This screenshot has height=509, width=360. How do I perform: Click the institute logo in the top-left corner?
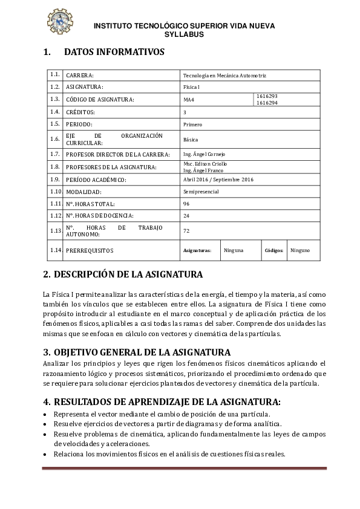(59, 21)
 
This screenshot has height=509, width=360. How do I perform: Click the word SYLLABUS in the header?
(184, 34)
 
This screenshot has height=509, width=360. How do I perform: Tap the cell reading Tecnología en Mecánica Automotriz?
(224, 76)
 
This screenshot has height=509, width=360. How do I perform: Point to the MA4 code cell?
(189, 99)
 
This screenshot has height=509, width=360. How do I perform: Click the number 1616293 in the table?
(267, 96)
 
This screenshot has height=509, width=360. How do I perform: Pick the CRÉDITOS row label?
(80, 112)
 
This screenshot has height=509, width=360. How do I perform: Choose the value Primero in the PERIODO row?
(192, 124)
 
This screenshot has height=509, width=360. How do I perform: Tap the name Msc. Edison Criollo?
(205, 164)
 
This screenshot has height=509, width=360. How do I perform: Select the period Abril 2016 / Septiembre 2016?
(210, 180)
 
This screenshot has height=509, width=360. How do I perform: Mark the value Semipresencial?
(201, 192)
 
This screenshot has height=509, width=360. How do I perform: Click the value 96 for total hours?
(186, 204)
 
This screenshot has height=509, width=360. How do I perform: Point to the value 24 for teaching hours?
(186, 216)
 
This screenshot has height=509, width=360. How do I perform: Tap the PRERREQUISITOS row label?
(90, 250)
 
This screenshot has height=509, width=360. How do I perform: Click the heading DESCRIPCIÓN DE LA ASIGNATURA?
(123, 274)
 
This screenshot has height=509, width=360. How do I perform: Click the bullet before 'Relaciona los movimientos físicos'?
(45, 454)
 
